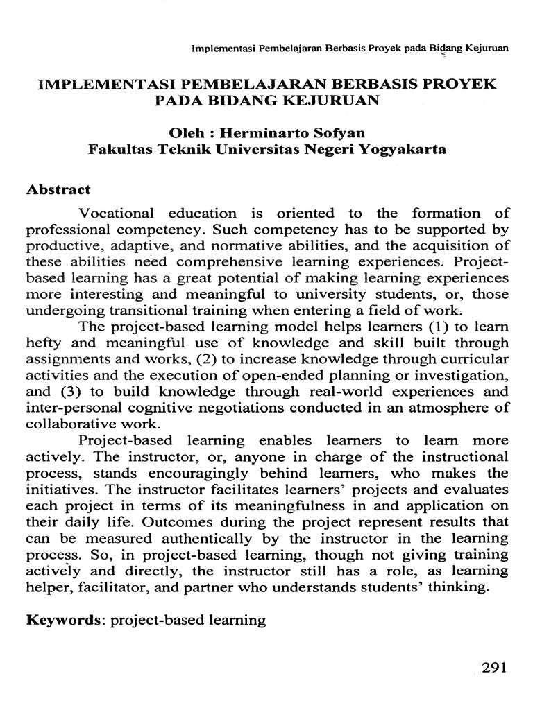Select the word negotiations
click(260, 407)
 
